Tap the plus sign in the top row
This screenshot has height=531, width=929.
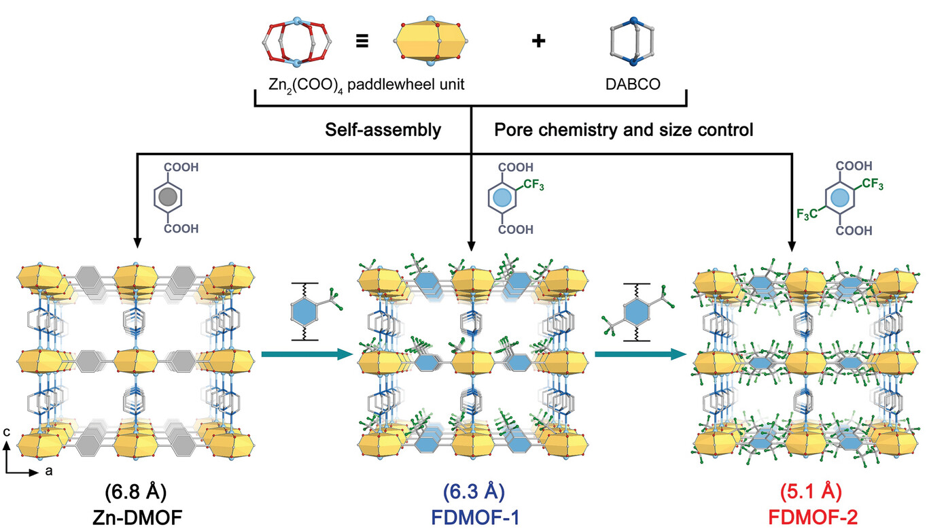pos(538,41)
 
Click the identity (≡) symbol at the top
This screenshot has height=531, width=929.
pos(362,41)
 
